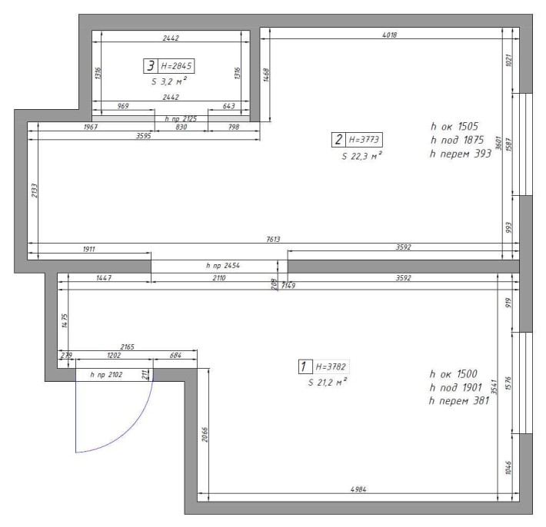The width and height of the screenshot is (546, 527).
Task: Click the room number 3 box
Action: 151,66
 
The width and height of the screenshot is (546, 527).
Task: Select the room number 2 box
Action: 338,140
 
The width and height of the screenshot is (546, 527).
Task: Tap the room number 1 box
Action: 305,366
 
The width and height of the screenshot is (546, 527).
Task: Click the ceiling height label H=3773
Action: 364,140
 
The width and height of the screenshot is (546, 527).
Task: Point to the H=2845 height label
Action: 176,66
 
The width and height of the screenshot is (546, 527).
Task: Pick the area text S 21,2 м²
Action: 328,383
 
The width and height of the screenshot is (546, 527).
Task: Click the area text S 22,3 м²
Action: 361,156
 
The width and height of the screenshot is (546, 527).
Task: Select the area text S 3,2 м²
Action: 169,81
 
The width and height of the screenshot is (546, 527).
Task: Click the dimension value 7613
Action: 273,239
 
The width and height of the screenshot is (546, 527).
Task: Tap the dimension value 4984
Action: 358,489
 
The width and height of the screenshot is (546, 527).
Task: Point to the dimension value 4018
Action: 389,35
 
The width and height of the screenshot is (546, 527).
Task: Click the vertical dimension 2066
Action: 205,435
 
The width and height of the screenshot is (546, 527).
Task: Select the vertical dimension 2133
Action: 34,191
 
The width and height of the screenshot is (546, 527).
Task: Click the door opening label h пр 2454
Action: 223,265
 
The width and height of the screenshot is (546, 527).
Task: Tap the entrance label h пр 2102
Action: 106,375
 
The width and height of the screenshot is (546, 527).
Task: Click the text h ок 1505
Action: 454,126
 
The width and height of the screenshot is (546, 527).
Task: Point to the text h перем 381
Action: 459,401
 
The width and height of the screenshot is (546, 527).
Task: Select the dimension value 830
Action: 181,127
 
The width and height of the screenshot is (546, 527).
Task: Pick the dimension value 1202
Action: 114,355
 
